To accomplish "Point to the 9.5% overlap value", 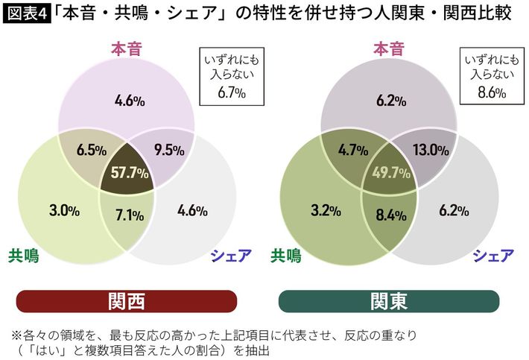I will (165, 149).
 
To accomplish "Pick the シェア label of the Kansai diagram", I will (227, 256).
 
